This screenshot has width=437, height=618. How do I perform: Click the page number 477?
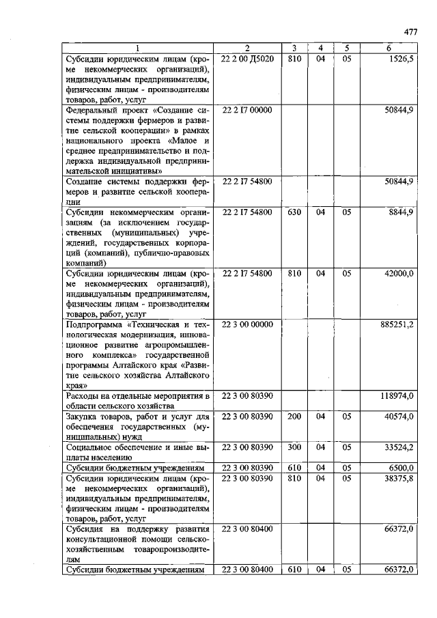(410, 31)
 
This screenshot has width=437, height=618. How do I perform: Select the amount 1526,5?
(401, 59)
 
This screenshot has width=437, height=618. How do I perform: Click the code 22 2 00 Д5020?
(247, 59)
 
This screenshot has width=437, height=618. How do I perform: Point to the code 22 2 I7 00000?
(247, 109)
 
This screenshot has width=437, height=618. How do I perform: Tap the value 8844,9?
(400, 212)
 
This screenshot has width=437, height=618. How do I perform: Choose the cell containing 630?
(294, 212)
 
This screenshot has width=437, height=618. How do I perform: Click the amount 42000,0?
(399, 273)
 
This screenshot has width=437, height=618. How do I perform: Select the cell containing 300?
(294, 447)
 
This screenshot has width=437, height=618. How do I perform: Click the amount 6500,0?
(401, 468)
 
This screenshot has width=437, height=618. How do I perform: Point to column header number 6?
(388, 48)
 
